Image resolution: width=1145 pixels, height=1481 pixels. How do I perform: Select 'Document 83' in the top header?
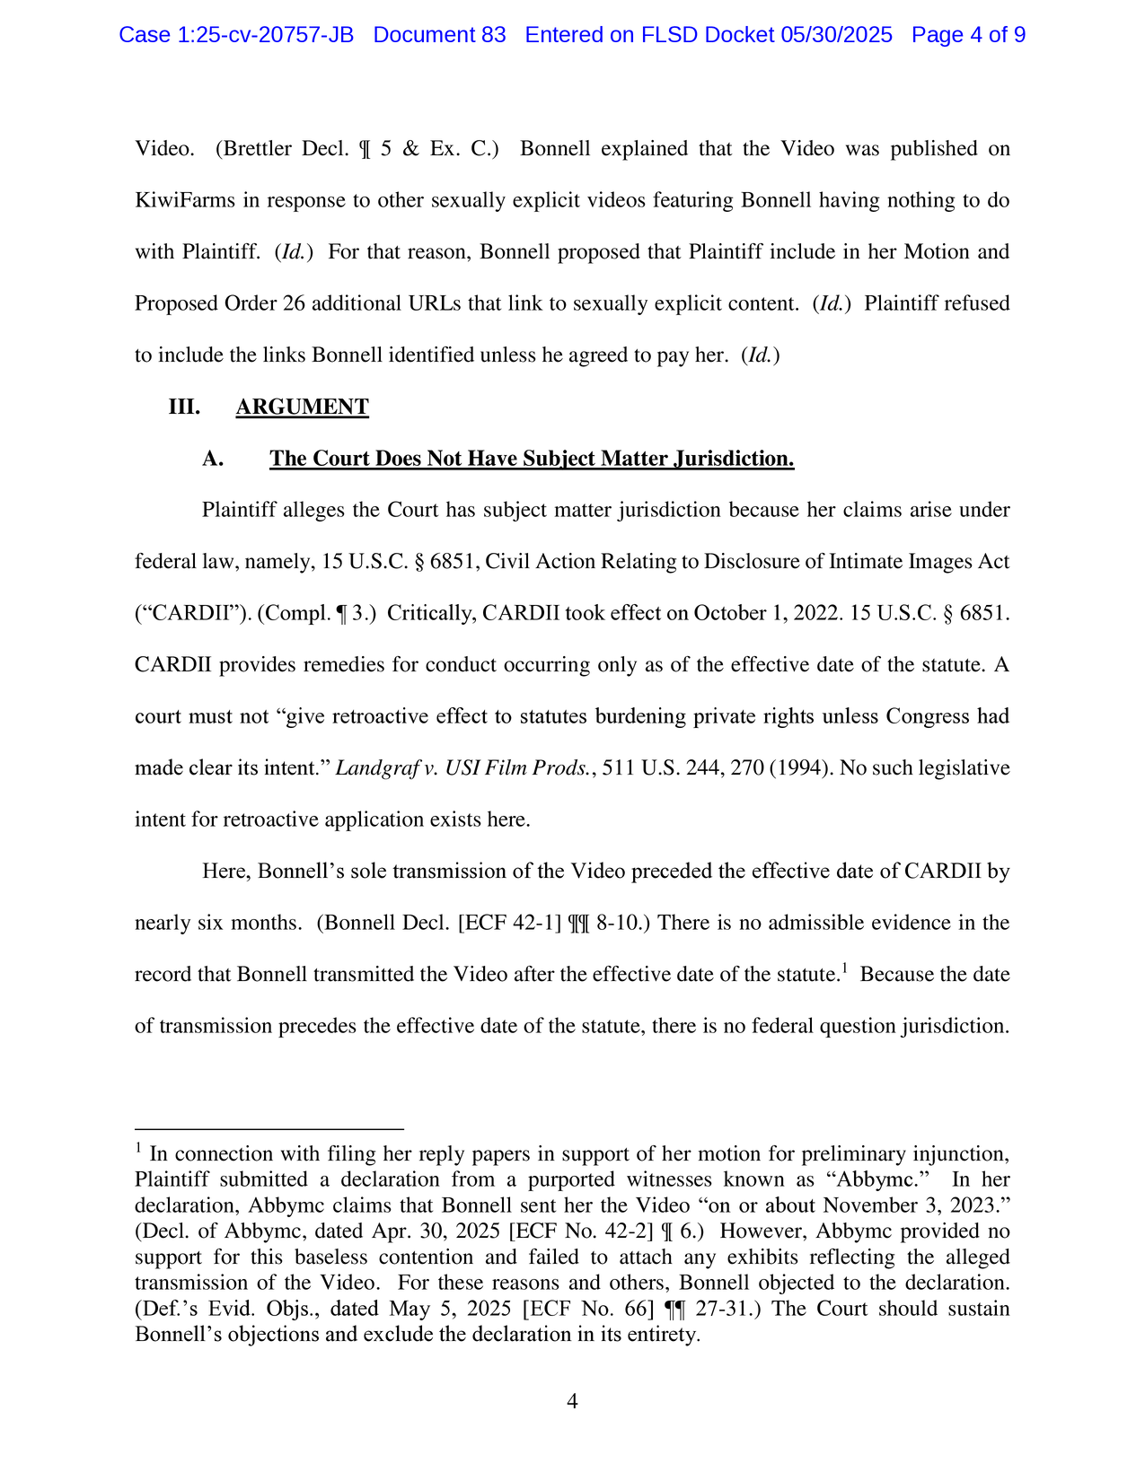(439, 35)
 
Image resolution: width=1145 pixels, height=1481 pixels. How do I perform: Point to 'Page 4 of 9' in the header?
(968, 35)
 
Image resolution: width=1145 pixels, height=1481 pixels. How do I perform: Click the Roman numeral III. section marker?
(184, 407)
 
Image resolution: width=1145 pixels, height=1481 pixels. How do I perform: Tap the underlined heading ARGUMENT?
(302, 407)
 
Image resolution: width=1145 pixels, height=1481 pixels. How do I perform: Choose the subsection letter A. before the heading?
(213, 459)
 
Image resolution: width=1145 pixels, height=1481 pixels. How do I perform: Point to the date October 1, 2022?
(766, 614)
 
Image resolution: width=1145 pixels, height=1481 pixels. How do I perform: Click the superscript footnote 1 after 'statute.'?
(844, 968)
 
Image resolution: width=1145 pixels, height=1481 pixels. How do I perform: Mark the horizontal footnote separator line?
(269, 1129)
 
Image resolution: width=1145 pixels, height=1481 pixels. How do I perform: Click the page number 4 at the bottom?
(572, 1401)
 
